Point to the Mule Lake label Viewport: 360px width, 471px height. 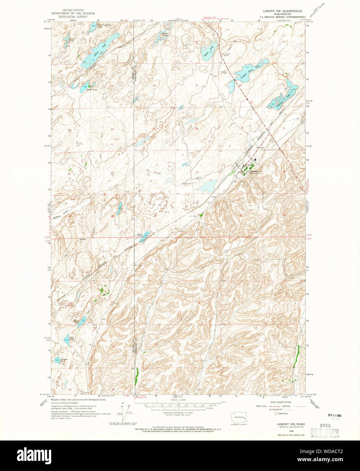click(x=72, y=338)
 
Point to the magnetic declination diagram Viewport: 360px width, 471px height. click(x=123, y=411)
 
